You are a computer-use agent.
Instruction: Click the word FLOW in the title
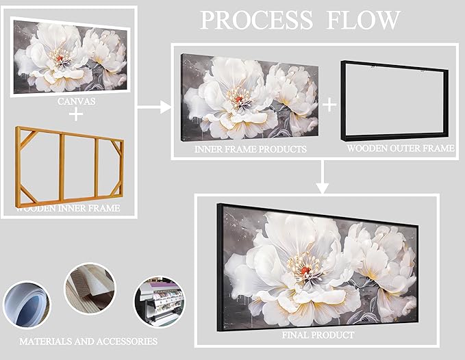tap(367, 21)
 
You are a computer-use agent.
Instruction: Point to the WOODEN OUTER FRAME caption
tap(400, 148)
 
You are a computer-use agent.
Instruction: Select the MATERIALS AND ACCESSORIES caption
tap(88, 340)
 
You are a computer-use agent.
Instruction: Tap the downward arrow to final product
tap(322, 179)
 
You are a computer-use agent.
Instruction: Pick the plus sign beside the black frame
tap(329, 104)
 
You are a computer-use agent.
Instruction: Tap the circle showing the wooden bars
tap(90, 289)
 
